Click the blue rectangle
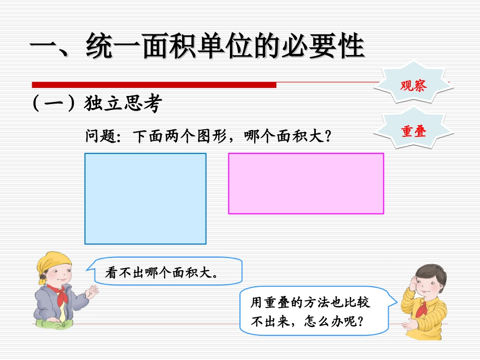(x=146, y=198)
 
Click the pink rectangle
(x=306, y=183)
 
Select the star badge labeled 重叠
(x=413, y=131)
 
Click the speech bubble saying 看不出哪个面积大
(x=167, y=273)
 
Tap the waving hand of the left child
(x=92, y=291)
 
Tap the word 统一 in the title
(x=110, y=47)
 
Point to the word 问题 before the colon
(x=101, y=136)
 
